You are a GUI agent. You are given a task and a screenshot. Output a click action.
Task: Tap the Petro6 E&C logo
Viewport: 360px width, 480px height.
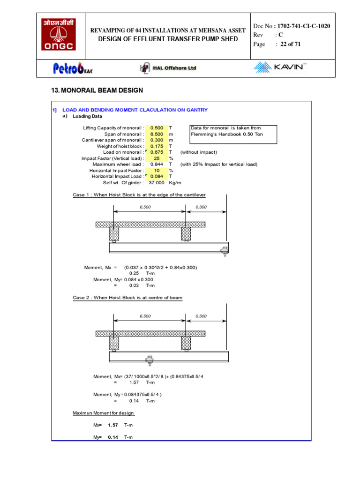[73, 68]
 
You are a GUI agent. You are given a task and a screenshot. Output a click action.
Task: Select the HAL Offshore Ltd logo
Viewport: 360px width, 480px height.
[168, 68]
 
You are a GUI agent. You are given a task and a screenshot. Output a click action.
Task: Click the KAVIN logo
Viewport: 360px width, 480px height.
[280, 67]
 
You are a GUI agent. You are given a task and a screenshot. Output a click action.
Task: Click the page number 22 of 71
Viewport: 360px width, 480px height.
[291, 44]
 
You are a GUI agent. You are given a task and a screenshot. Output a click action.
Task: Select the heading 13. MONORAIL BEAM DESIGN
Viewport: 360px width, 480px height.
[97, 90]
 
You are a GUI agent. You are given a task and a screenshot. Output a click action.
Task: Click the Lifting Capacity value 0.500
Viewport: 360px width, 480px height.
[157, 128]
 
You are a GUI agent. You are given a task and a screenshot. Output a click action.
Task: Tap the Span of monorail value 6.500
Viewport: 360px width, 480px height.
[157, 134]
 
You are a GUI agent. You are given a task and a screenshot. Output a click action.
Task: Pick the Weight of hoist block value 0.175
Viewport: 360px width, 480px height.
[157, 146]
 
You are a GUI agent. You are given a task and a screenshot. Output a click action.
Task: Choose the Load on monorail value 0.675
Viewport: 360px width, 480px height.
[157, 152]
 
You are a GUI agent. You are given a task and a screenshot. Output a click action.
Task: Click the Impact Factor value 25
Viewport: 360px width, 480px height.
[157, 158]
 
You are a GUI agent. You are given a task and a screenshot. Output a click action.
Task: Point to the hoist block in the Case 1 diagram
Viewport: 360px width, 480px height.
[224, 249]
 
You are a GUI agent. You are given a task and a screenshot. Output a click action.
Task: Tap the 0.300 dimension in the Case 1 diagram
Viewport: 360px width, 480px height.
[201, 207]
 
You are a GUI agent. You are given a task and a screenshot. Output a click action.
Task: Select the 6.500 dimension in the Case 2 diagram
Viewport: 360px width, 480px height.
[145, 316]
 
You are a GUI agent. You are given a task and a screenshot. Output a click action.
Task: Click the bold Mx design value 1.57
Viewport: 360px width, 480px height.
[112, 425]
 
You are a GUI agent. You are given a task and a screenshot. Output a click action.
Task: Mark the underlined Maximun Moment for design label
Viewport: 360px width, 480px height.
[103, 413]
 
